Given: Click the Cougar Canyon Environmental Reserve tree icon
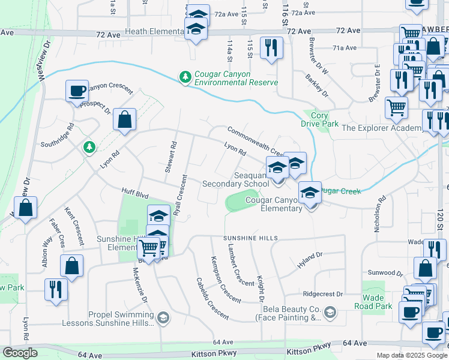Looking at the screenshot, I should click(185, 77).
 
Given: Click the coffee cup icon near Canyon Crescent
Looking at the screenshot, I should click(77, 92).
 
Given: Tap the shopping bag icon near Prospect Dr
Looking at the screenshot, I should click(124, 119).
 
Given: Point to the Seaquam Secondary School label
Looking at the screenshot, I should click(235, 179).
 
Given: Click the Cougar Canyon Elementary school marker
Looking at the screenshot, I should click(310, 193).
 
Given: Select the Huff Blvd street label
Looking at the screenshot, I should click(133, 194).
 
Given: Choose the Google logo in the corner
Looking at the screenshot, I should click(20, 353).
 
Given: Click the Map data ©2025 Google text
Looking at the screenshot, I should click(412, 355).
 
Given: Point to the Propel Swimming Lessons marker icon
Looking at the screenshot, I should click(163, 316).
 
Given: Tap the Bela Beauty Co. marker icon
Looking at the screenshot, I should click(330, 312).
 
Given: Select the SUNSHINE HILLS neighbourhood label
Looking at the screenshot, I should click(251, 238).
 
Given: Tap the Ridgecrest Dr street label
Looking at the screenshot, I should click(322, 294).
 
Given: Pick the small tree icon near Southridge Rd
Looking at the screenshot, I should click(89, 146).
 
